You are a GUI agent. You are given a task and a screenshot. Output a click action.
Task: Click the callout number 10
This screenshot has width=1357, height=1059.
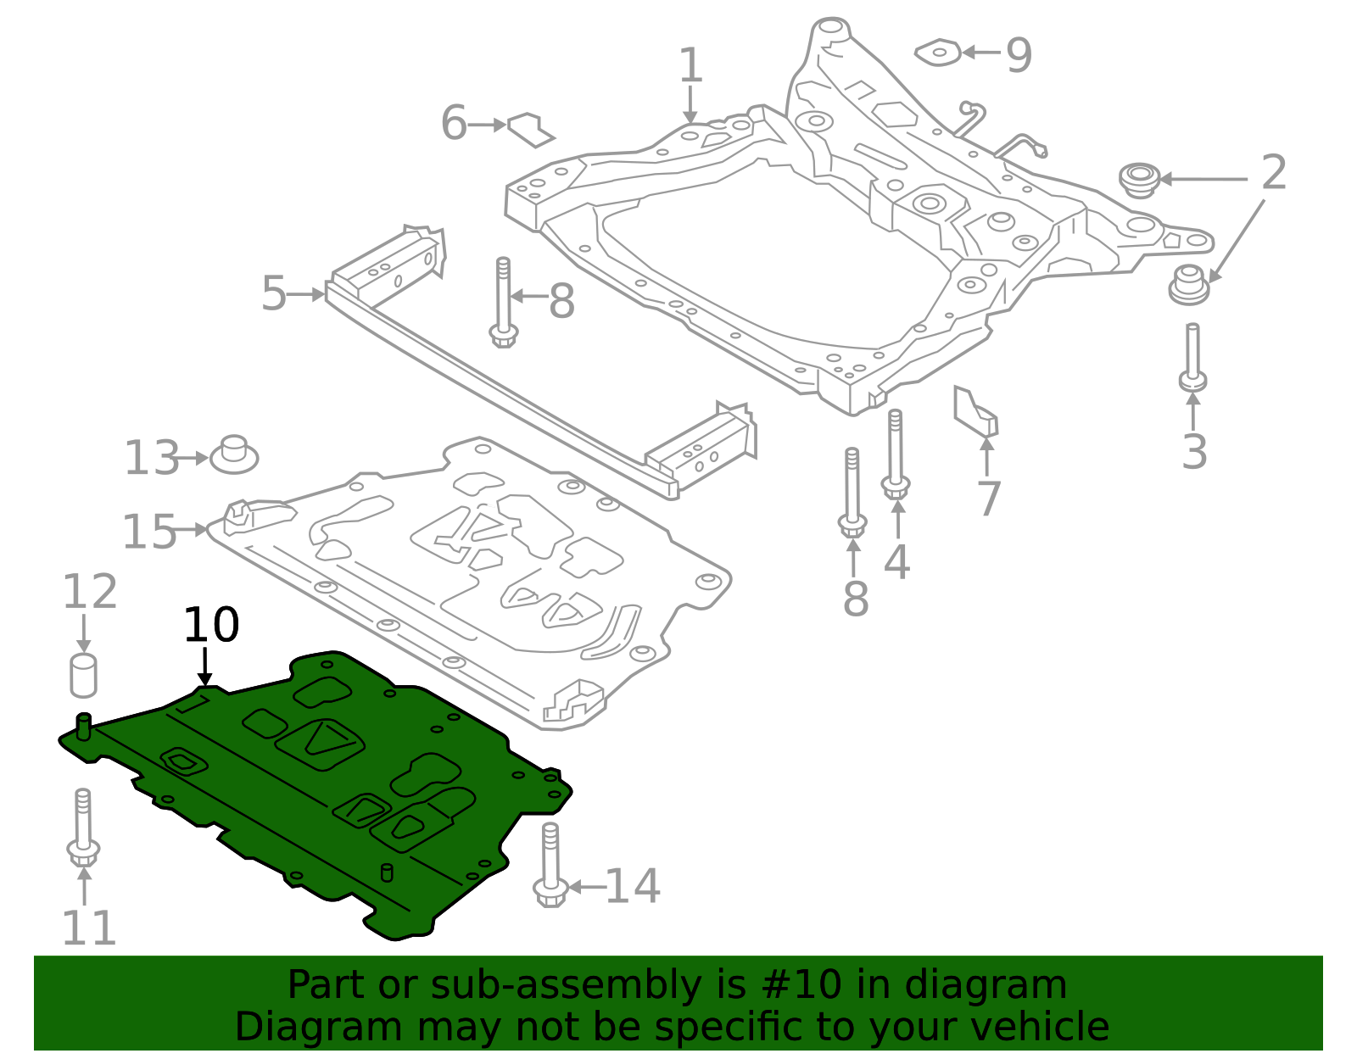211,626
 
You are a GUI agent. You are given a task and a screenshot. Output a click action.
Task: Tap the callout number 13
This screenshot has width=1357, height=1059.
152,459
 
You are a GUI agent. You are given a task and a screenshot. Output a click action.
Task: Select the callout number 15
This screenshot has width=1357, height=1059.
149,532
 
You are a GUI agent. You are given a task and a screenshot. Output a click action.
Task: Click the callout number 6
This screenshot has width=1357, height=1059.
454,124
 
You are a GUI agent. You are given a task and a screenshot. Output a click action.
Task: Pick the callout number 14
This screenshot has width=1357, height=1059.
632,887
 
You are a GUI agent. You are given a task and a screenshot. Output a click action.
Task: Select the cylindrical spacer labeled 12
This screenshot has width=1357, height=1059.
83,676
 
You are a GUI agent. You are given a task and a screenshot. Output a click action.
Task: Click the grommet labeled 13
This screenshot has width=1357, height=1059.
234,455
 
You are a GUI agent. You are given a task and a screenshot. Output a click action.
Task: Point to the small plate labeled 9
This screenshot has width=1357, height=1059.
938,53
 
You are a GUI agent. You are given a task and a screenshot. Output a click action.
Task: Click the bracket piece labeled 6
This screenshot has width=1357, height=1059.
531,129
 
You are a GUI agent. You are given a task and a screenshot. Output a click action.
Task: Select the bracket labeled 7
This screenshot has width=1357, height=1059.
974,412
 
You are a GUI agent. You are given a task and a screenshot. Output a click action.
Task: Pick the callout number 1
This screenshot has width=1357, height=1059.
690,66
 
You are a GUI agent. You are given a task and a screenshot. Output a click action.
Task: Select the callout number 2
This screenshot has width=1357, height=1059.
1273,174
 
